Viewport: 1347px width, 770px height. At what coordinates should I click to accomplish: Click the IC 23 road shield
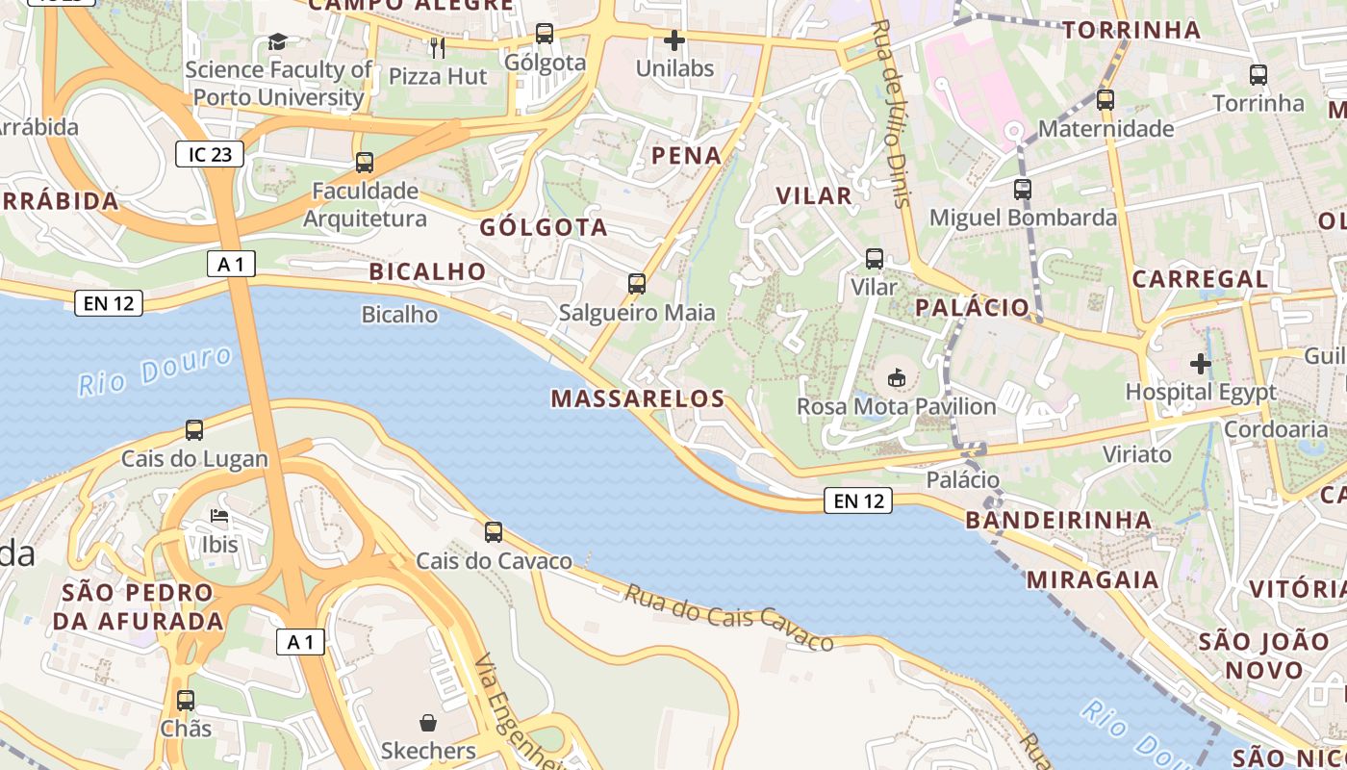209,153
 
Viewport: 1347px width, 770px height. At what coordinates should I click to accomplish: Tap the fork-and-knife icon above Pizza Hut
438,47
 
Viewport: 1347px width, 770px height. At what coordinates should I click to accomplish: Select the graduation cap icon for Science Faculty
277,41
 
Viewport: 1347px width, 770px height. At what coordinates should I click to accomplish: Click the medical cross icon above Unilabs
674,40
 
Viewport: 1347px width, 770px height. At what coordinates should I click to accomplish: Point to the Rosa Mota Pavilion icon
897,377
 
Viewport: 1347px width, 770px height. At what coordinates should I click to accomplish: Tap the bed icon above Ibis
219,516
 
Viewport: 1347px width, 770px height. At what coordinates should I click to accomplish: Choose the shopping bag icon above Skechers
428,722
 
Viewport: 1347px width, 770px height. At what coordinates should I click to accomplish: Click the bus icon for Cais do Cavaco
494,531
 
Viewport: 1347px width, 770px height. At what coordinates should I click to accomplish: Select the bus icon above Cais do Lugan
194,429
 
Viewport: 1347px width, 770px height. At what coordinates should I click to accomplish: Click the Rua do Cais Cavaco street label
728,616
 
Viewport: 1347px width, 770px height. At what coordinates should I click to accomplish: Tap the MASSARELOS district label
637,398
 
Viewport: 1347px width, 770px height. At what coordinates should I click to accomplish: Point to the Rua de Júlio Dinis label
891,113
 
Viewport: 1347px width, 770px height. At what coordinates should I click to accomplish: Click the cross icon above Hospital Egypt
1200,364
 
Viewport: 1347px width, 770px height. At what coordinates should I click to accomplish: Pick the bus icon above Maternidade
1106,99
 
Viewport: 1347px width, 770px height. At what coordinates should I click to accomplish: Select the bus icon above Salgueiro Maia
637,283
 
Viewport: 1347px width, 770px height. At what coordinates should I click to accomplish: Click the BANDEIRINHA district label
1058,521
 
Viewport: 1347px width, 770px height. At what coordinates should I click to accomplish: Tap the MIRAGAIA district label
1092,579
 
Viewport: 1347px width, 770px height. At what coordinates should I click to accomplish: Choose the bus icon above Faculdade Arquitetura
365,162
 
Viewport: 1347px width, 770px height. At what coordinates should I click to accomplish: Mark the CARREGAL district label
1200,279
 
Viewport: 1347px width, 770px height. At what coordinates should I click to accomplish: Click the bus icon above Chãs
186,700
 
